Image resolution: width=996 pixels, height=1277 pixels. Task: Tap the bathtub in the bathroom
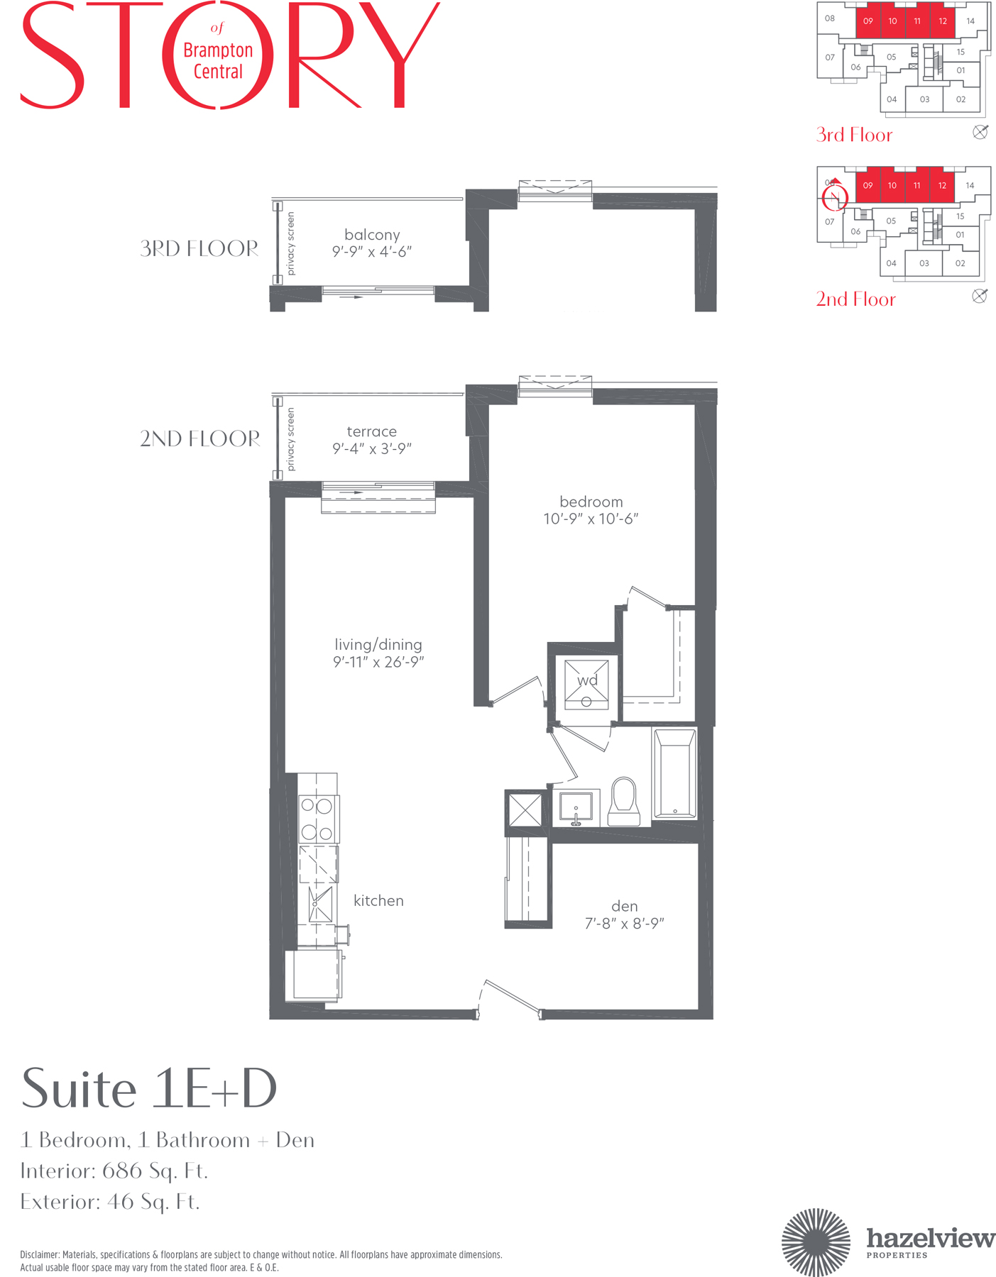click(674, 774)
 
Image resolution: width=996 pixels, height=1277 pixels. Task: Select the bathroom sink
click(576, 808)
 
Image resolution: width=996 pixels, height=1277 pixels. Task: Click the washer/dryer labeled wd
click(586, 684)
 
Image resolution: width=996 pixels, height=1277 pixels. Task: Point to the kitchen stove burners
click(317, 819)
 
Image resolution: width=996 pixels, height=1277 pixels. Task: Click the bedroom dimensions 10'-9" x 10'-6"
click(591, 519)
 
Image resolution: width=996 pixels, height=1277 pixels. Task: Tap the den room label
click(624, 906)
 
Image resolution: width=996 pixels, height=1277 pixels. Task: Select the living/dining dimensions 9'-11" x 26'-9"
click(378, 662)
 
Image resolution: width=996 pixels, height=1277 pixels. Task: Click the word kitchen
click(378, 900)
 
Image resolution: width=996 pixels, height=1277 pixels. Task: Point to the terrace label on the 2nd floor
click(371, 431)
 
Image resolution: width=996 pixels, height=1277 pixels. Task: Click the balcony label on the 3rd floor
click(372, 235)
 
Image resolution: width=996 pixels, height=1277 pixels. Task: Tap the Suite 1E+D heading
click(149, 1088)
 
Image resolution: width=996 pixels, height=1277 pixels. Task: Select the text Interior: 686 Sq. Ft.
click(114, 1171)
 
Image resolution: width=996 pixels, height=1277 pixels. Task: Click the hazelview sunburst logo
click(816, 1242)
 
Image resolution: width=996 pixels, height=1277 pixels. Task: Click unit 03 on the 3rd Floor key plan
click(924, 99)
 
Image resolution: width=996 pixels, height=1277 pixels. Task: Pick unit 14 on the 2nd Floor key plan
click(970, 186)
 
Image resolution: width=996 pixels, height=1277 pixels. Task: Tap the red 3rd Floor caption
click(854, 135)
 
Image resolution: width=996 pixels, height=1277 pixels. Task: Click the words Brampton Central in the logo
click(218, 60)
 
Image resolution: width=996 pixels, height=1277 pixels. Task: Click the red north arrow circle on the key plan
click(835, 197)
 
